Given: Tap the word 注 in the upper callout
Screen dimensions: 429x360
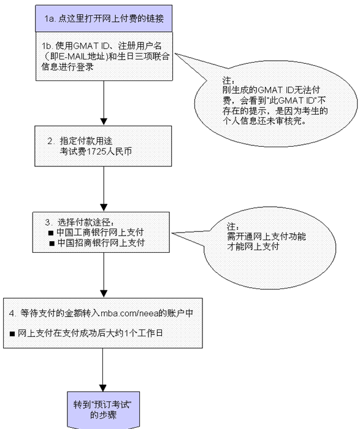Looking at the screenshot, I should [x=224, y=81].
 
